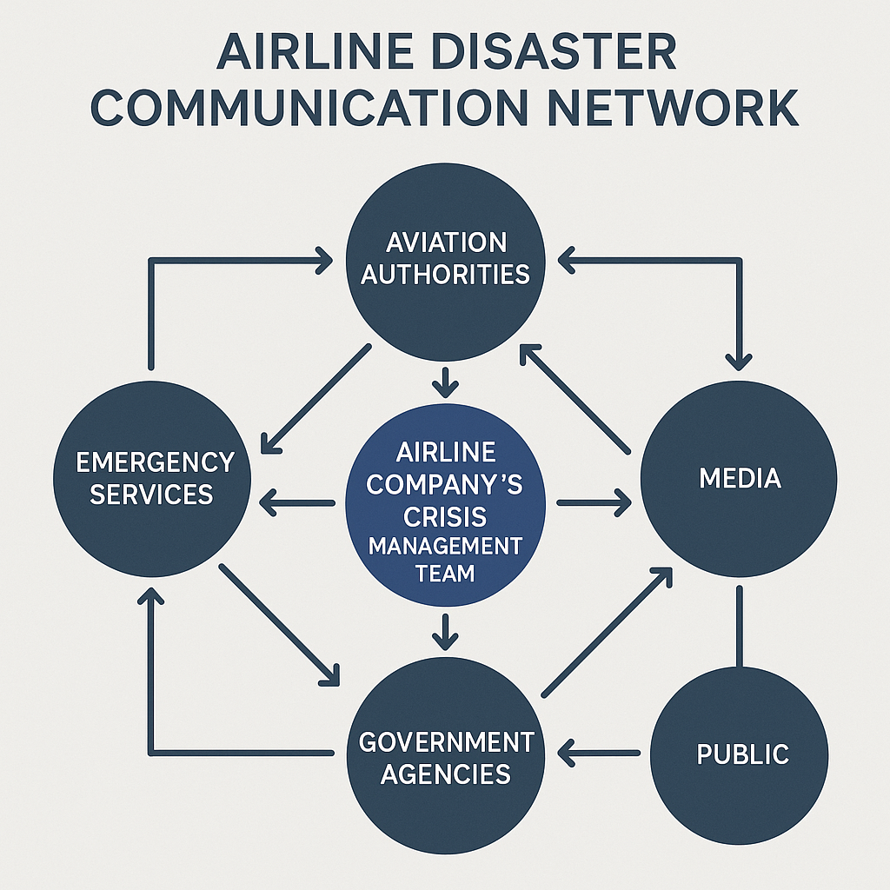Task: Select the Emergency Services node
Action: [x=153, y=478]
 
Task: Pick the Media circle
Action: [x=739, y=478]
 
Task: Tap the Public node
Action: [x=741, y=753]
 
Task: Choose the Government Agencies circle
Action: [x=445, y=756]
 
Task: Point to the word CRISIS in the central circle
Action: [x=445, y=517]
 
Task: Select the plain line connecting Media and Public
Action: [x=740, y=626]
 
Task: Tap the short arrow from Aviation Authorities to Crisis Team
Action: [x=445, y=380]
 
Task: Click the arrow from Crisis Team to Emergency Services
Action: [x=298, y=501]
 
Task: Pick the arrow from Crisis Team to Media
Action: [x=594, y=501]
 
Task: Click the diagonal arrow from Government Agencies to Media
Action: [x=607, y=632]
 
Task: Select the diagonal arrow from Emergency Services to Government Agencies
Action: [x=279, y=623]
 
